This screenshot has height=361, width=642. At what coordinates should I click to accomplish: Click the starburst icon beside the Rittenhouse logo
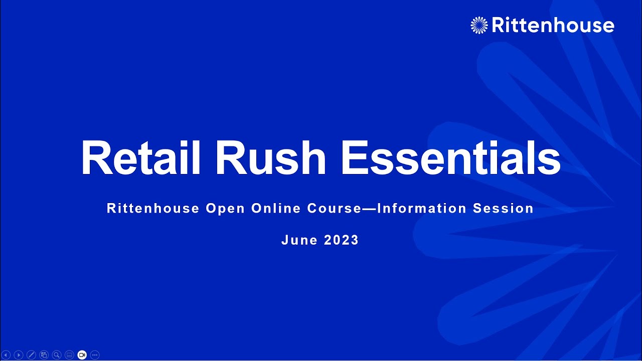479,25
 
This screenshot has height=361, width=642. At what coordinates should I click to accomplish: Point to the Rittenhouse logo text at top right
553,25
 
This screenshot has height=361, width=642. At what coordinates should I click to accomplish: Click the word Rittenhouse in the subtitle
153,209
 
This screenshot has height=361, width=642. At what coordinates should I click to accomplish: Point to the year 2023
342,240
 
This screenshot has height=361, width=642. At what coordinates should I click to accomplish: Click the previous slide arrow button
6,355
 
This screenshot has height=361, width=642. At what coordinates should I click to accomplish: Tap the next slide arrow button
19,355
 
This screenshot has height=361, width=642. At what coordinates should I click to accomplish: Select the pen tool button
31,355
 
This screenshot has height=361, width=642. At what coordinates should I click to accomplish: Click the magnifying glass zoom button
57,355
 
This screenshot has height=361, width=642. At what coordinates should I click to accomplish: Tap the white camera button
82,355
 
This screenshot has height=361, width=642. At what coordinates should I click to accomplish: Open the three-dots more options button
95,355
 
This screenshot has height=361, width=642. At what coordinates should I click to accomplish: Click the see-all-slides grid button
44,355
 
